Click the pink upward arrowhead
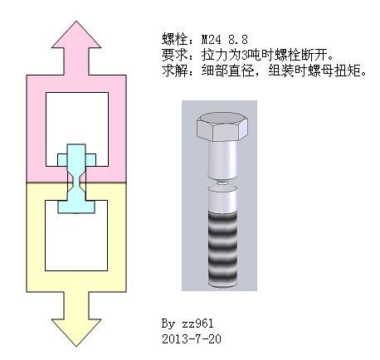point(76,36)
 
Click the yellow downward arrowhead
point(76,332)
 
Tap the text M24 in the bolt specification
point(212,40)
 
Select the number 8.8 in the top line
point(238,40)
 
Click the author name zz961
point(197,323)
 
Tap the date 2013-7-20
point(192,339)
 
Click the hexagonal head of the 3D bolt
point(222,127)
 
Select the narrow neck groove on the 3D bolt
point(222,182)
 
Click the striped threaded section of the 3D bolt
point(222,250)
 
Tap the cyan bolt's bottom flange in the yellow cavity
point(76,207)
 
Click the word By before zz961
point(168,324)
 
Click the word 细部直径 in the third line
point(227,71)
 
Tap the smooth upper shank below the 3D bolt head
point(222,159)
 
